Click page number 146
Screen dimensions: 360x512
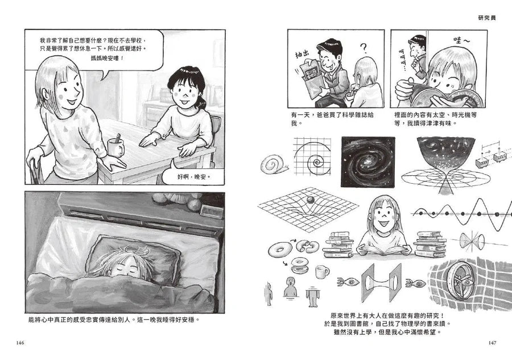(21, 342)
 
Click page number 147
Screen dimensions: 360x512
(491, 342)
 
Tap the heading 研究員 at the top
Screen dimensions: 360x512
(488, 18)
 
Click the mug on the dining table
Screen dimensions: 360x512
(115, 147)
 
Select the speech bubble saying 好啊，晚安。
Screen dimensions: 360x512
(193, 176)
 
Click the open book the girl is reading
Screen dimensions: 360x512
(383, 249)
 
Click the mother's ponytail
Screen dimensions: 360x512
(200, 102)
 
